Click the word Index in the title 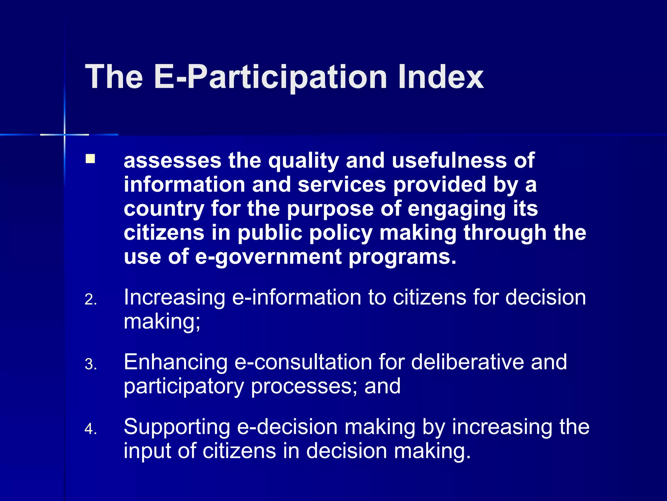440,77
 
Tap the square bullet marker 90,159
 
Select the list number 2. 91,299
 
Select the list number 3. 91,364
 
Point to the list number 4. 91,429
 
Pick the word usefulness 449,160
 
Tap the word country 164,209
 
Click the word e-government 268,257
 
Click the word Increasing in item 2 175,298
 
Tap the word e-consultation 303,362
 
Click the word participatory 184,387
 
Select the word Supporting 177,427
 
